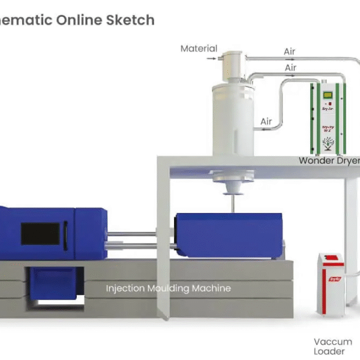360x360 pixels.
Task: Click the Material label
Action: (x=199, y=49)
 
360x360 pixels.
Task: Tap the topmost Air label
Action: (x=290, y=52)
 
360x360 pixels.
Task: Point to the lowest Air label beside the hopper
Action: (x=266, y=122)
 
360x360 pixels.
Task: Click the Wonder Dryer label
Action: (x=329, y=160)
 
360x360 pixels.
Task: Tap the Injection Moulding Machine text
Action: (x=168, y=288)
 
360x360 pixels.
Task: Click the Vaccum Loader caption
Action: (x=333, y=346)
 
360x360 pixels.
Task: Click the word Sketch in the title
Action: (x=130, y=20)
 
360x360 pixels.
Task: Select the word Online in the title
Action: (x=79, y=20)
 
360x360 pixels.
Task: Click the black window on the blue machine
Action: (x=40, y=233)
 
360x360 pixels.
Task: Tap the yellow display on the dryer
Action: (x=328, y=94)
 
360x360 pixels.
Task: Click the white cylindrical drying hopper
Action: (x=233, y=123)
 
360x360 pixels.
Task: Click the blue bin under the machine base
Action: (x=53, y=282)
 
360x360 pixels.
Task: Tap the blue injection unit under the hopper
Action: (x=228, y=235)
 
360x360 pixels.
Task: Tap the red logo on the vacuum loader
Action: (x=334, y=279)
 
